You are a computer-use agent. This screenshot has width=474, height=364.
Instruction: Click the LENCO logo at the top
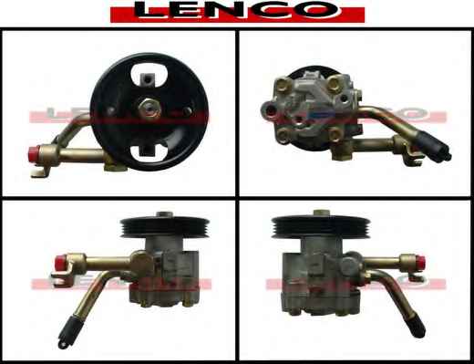tap(237, 12)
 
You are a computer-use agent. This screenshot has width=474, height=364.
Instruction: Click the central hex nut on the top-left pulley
tap(149, 107)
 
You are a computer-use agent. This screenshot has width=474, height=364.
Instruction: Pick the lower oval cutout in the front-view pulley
tap(149, 149)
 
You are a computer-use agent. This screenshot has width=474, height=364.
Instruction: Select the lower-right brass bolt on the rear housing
tap(335, 134)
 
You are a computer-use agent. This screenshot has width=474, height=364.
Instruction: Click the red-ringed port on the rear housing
tap(269, 109)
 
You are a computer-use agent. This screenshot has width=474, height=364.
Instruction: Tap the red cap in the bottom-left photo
tap(61, 263)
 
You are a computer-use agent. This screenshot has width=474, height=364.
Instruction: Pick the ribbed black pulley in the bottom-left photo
tap(165, 228)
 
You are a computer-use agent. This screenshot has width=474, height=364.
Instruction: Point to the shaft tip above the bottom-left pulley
tap(165, 214)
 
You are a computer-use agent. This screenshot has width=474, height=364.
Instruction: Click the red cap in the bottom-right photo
tap(420, 263)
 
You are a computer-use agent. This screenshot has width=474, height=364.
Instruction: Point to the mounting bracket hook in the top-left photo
tap(40, 172)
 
